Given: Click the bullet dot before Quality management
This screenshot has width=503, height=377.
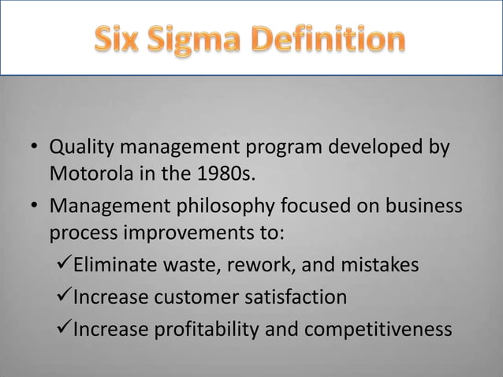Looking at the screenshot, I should click(35, 149).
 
